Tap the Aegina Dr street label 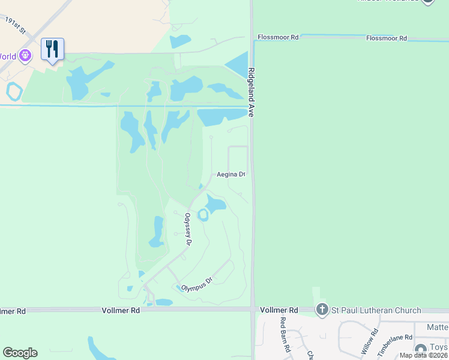(x=231, y=175)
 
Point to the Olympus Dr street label (x=197, y=284)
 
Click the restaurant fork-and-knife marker (x=53, y=48)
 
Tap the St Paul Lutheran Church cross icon (x=322, y=310)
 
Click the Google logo (x=20, y=352)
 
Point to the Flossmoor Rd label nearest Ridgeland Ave (x=278, y=37)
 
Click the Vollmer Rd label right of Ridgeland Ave (x=279, y=310)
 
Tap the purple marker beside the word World (x=25, y=56)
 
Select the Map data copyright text (x=423, y=355)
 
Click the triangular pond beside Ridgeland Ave (x=238, y=64)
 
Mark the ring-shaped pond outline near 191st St (x=13, y=92)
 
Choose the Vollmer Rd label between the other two (x=121, y=310)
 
